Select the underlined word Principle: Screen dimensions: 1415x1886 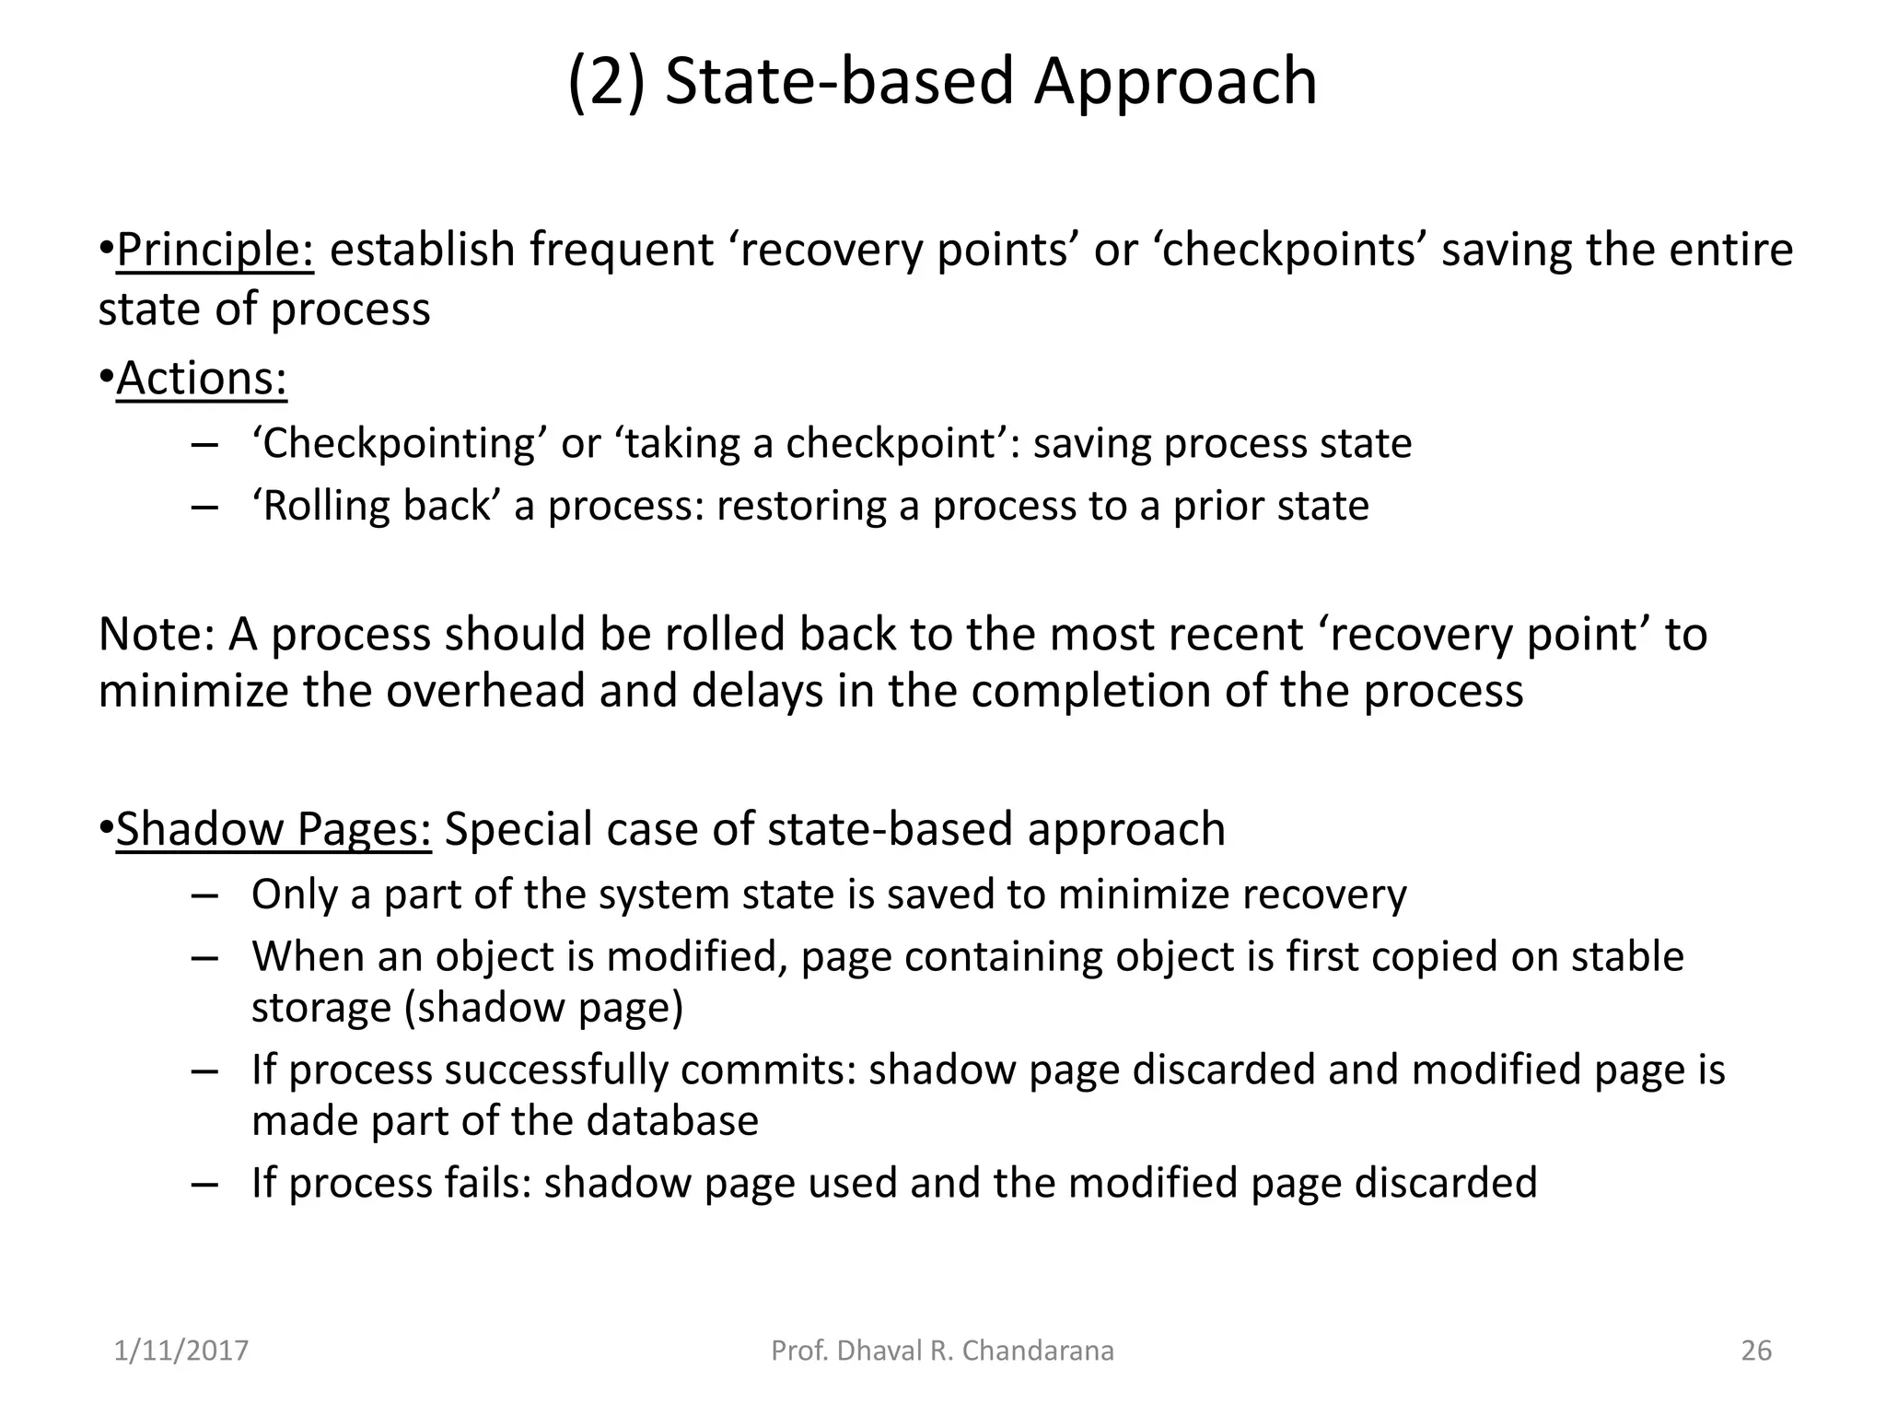(215, 251)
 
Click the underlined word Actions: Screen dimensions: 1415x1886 (202, 379)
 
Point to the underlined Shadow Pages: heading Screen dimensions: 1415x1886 (274, 829)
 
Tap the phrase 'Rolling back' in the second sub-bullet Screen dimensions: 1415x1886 (376, 506)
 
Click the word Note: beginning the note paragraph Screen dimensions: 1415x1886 (156, 635)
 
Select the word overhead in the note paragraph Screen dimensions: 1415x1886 (485, 691)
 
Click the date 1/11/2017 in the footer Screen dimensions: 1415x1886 (181, 1351)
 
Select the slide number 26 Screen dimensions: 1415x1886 (1756, 1351)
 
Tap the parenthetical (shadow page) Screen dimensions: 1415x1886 (544, 1007)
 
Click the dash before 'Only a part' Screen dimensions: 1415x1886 (204, 896)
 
